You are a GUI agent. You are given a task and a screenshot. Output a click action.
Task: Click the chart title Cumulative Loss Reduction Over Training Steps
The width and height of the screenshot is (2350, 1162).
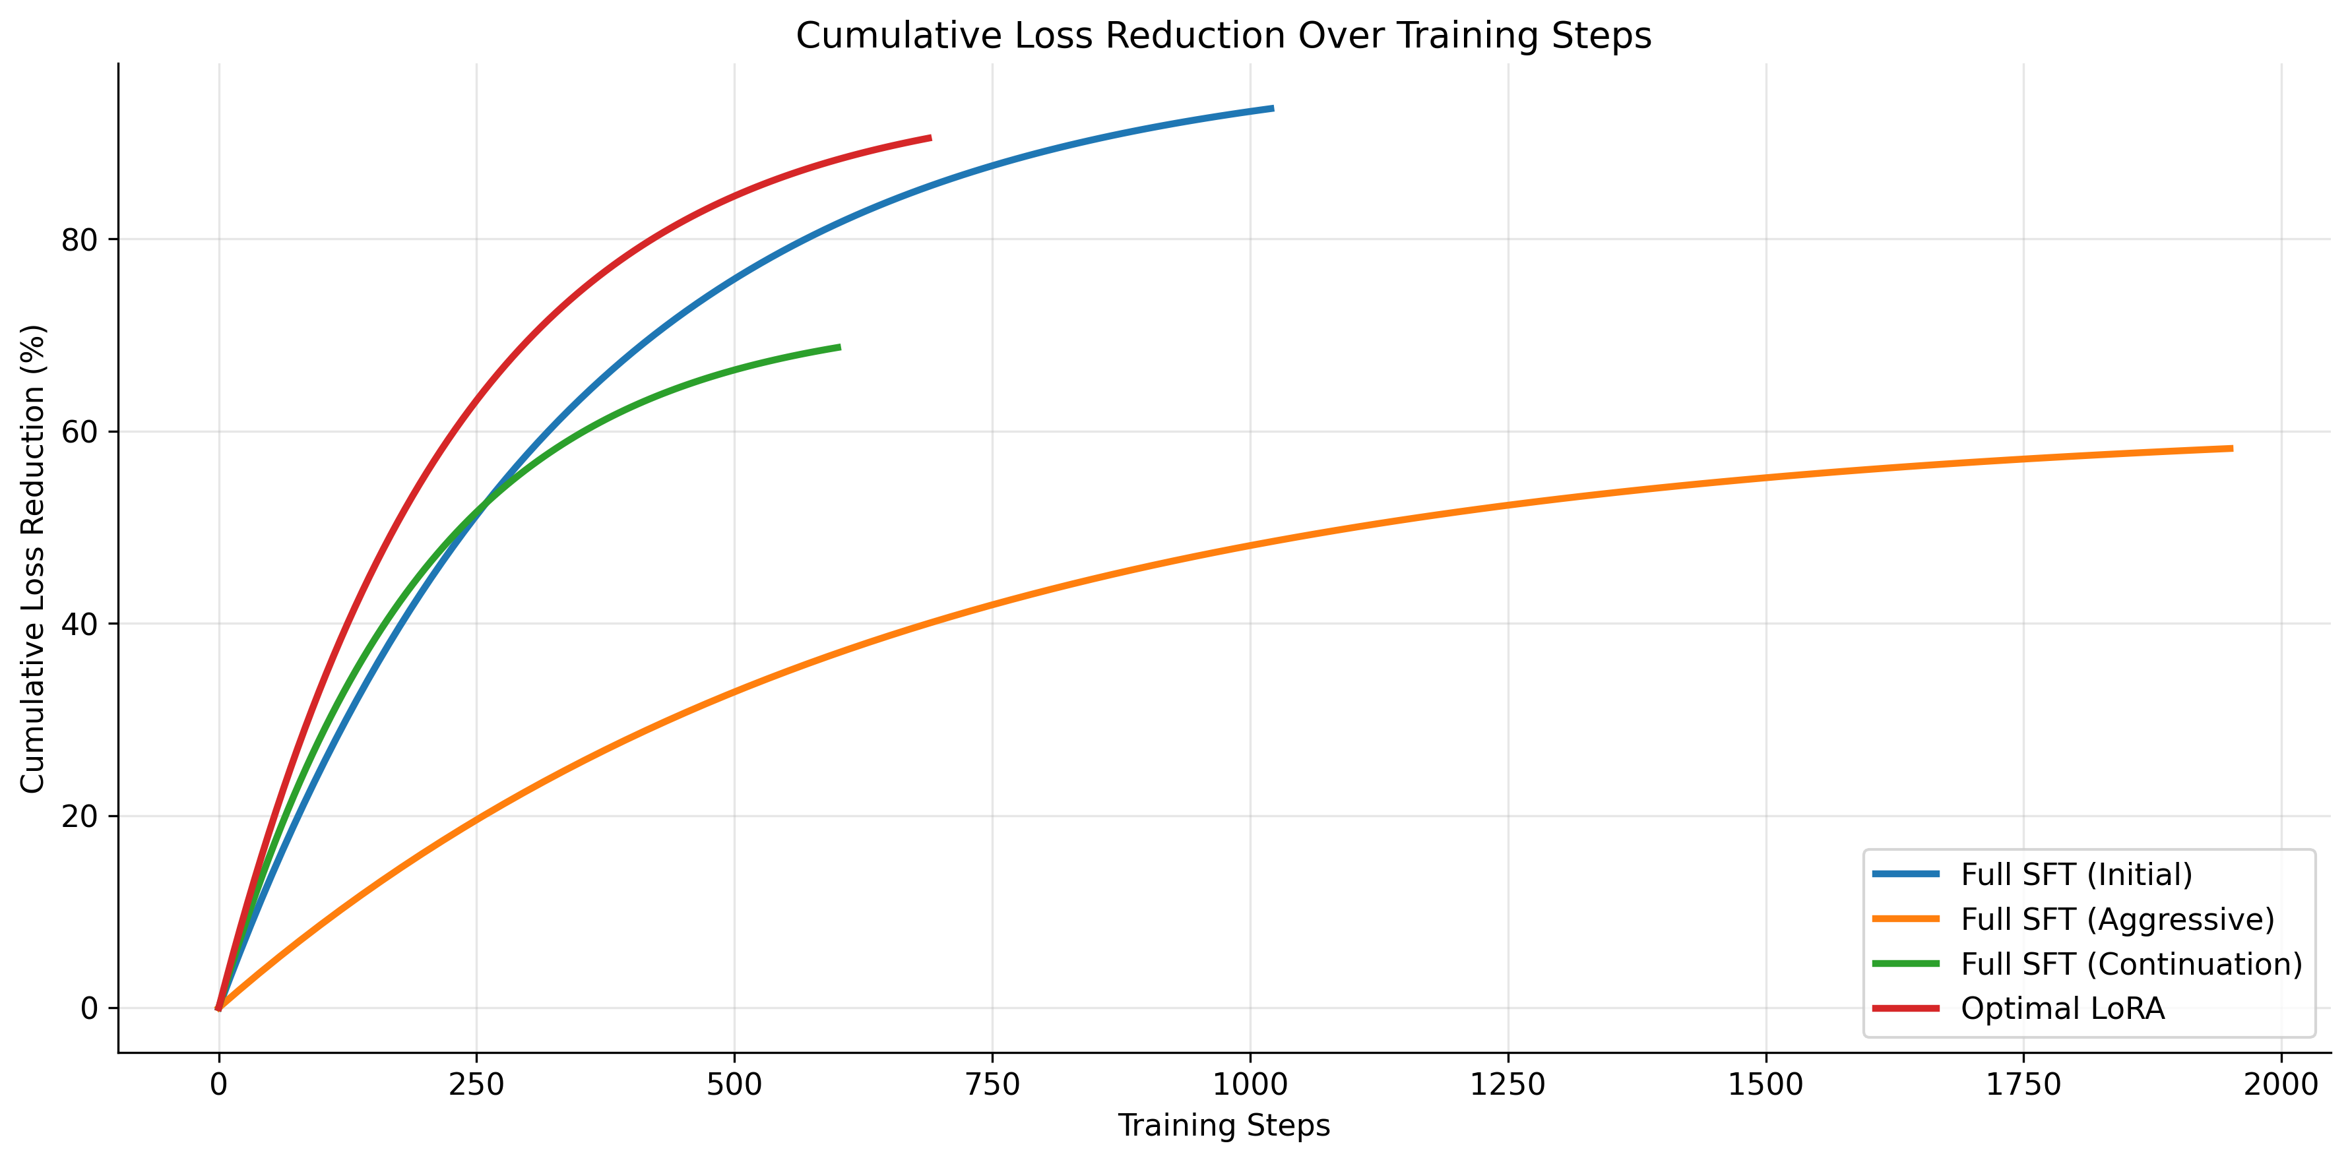tap(1223, 36)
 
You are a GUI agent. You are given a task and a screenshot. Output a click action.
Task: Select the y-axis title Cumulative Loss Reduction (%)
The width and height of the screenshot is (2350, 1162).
tap(33, 558)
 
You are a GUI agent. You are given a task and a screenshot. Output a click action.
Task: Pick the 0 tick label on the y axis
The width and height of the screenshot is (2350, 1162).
tap(88, 1008)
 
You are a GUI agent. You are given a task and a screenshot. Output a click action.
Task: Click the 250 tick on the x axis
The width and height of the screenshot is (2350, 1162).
tap(476, 1084)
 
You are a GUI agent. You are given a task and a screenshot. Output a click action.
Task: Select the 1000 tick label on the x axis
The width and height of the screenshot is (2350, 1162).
tap(1250, 1084)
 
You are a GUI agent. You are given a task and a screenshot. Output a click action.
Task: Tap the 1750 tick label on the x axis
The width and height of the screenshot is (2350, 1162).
tap(2023, 1084)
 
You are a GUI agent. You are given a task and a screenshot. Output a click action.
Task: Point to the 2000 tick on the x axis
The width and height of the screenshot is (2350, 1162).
tap(2281, 1084)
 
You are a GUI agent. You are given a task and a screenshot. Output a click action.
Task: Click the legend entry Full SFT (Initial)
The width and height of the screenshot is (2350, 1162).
tap(2076, 874)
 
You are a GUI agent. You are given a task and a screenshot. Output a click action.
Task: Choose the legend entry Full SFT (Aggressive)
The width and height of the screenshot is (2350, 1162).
tap(2117, 919)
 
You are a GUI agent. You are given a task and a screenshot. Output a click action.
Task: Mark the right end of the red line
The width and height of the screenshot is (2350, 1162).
tap(930, 138)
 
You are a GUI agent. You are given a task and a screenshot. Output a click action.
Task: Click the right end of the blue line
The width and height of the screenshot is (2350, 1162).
tap(1273, 109)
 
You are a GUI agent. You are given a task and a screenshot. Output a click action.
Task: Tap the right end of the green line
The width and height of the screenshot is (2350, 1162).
tap(839, 347)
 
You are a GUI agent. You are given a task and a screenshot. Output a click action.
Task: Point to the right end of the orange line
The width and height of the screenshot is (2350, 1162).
tap(2231, 448)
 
